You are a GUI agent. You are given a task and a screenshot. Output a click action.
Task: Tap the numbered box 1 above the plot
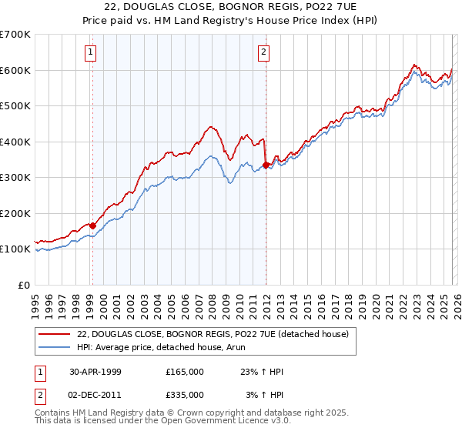(x=91, y=52)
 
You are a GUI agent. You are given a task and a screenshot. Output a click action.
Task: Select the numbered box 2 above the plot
(x=263, y=52)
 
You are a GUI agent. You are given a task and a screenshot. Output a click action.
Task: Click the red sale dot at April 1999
(x=92, y=226)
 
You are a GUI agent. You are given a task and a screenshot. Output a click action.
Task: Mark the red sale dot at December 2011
(x=266, y=165)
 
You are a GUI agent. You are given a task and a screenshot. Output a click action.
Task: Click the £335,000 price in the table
(x=185, y=395)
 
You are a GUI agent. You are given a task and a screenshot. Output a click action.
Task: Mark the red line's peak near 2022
(x=414, y=65)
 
